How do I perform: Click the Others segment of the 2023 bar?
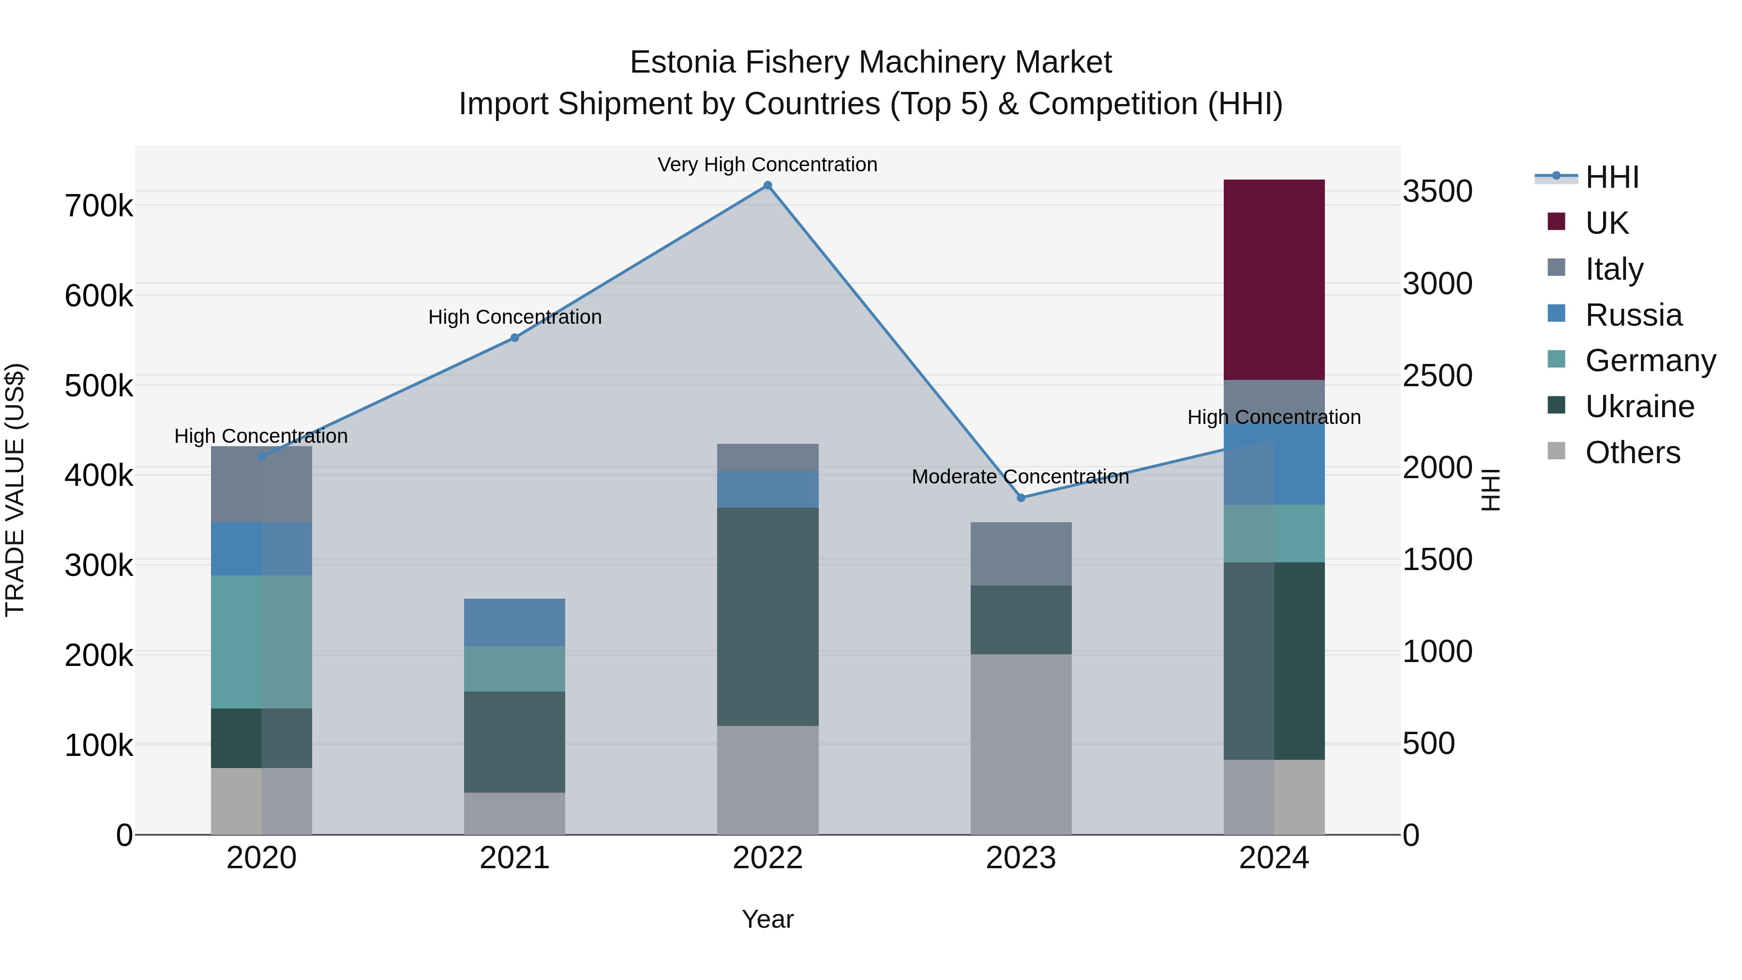[1021, 743]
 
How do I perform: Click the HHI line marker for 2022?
[767, 185]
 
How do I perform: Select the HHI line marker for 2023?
[1021, 498]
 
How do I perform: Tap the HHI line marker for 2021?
[515, 337]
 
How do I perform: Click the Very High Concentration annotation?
[767, 165]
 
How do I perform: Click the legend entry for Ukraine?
[1639, 407]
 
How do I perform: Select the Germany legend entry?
[1650, 361]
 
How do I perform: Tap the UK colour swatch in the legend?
[1556, 222]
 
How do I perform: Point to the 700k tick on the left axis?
[99, 206]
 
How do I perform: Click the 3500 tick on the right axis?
[1437, 191]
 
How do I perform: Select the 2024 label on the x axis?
[1274, 858]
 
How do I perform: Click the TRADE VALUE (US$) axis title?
[15, 490]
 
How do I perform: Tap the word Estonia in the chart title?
[682, 62]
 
